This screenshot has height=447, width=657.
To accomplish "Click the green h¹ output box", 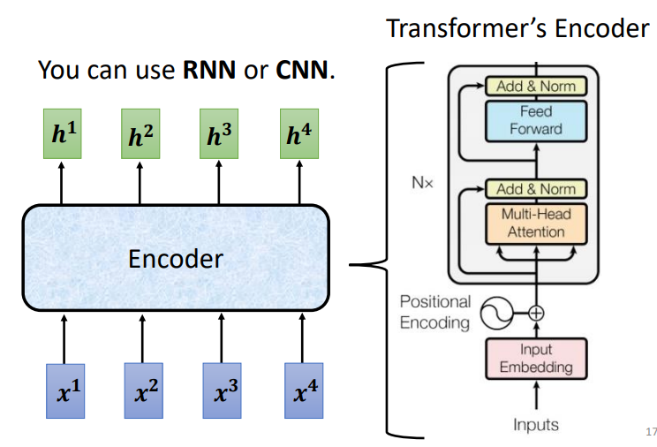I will coord(62,134).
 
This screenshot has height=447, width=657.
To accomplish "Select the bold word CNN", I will coord(301,70).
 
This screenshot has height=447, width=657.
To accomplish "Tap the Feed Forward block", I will coord(536,120).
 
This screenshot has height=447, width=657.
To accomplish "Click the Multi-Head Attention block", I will coord(536,223).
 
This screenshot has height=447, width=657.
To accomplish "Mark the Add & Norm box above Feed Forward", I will coord(536,87).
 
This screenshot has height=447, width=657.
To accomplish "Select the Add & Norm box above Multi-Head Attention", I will coord(536,189).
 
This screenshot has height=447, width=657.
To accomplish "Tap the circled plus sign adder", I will coord(536,311).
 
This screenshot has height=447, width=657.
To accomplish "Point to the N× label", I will coord(421,185).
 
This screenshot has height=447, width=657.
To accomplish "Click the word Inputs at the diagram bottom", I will coord(536,425).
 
